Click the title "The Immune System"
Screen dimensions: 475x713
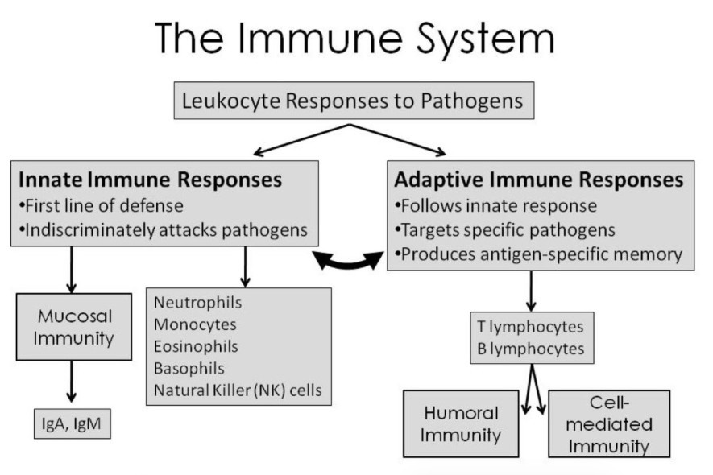(x=355, y=38)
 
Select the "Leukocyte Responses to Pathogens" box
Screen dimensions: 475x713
(x=347, y=102)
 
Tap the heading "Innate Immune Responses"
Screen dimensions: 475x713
(x=150, y=179)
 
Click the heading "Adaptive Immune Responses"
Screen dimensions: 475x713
(x=538, y=179)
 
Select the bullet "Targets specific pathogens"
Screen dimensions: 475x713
(x=505, y=229)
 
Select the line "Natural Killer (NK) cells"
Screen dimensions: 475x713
(x=237, y=391)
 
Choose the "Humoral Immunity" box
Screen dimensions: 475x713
(x=461, y=423)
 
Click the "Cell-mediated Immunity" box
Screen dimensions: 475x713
(x=609, y=423)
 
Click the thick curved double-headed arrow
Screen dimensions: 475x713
(x=348, y=260)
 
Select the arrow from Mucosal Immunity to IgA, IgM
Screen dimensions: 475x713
(x=72, y=381)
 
